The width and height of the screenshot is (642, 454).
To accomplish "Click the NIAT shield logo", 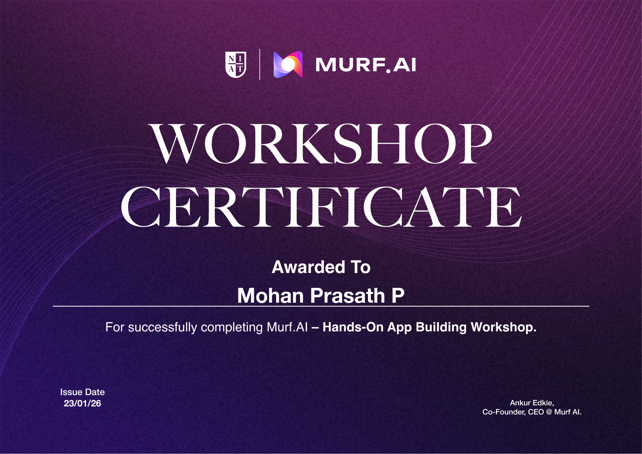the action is pos(236,65).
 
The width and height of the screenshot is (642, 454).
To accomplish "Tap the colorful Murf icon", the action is pos(288,65).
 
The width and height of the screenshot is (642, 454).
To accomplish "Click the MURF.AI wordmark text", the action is pos(366,65).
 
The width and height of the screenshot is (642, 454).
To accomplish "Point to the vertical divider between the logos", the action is pos(260,65).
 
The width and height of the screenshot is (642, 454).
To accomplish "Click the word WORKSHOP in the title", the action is pos(321,144).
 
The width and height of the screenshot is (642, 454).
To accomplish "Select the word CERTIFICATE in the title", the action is pos(321,207).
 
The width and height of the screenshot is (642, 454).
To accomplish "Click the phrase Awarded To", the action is pos(321,267).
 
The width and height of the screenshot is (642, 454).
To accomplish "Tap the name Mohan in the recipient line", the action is pos(270,295).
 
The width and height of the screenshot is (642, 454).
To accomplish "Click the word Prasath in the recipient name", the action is pos(348,295).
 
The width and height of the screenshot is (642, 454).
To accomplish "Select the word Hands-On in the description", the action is pos(353,327).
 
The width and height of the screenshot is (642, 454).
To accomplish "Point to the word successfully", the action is pos(163,327).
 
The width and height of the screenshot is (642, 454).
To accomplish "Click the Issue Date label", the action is pos(82,392).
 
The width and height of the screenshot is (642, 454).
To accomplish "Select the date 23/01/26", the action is pos(82,403).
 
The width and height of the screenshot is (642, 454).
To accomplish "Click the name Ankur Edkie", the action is pos(532,403).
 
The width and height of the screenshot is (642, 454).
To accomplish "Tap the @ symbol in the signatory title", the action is pos(549,412).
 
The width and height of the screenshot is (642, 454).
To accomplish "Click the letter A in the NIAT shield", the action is pos(231,69).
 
